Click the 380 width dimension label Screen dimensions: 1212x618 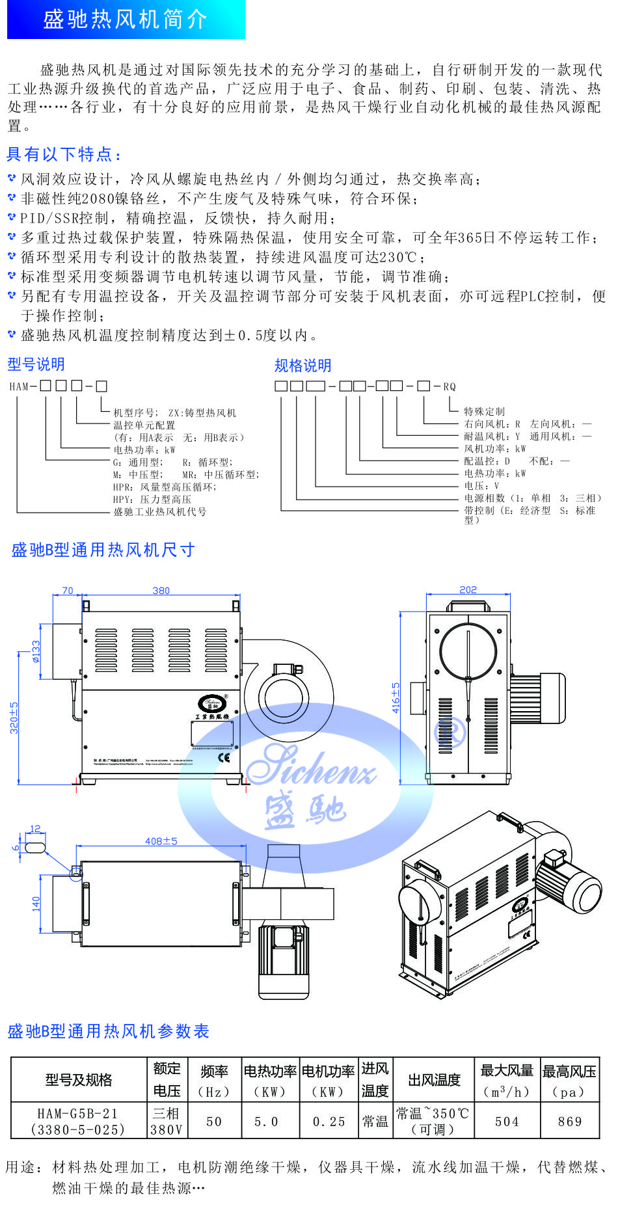(161, 591)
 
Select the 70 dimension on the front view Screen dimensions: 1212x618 (68, 591)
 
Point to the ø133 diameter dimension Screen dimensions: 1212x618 (36, 651)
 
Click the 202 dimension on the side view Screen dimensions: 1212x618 (468, 589)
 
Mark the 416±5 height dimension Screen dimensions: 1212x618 (396, 697)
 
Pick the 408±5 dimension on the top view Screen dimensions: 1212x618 (161, 841)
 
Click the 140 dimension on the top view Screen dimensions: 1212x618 (36, 904)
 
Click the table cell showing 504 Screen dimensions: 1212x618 (507, 1122)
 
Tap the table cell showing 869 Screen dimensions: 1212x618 (570, 1122)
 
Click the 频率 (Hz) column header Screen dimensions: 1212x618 (214, 1081)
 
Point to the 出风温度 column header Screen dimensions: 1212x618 (434, 1080)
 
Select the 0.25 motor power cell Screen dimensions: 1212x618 (329, 1122)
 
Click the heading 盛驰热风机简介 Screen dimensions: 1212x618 (125, 20)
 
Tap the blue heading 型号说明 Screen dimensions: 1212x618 (36, 364)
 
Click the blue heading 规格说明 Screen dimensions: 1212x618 (302, 366)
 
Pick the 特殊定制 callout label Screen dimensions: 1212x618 (484, 411)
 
